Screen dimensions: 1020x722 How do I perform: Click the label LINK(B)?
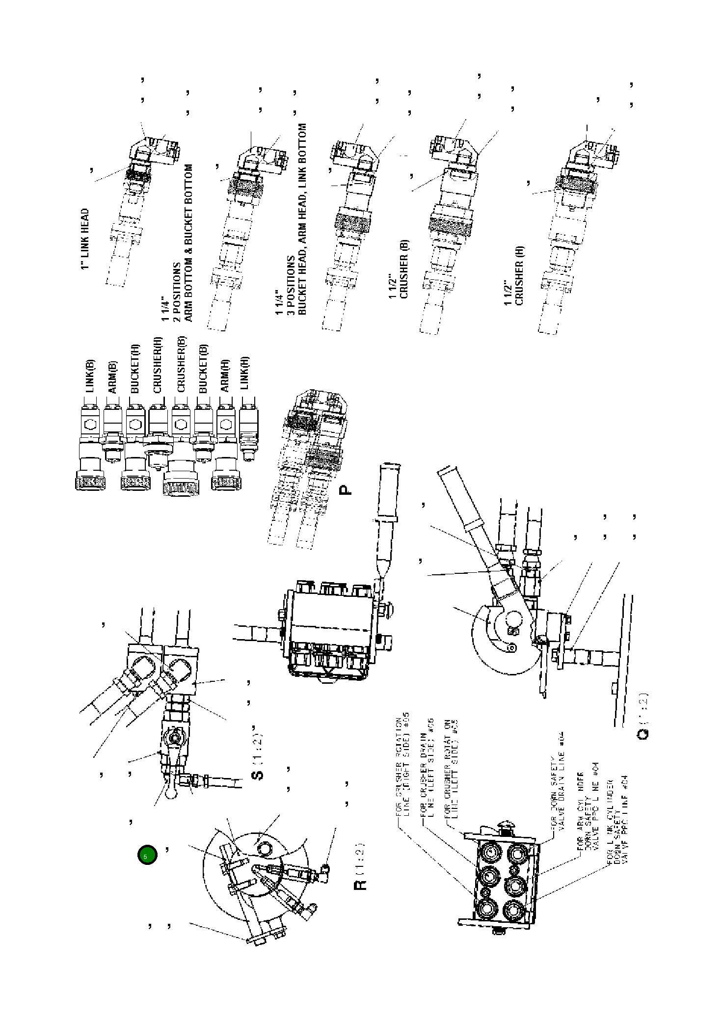[90, 376]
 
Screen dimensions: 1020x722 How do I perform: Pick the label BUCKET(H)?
[135, 369]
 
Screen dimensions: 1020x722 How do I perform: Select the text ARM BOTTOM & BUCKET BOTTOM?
[187, 243]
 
